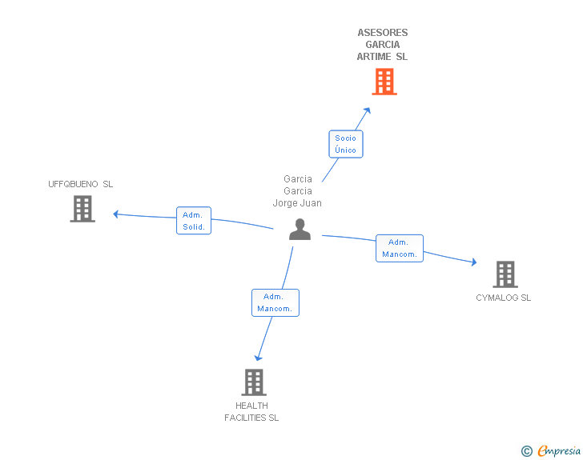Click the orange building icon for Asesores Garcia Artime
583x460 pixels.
coord(384,82)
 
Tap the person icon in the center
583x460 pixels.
coord(300,230)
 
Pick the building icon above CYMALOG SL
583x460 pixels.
coord(505,274)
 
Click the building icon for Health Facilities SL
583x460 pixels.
coord(254,382)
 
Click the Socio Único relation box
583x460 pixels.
coord(346,144)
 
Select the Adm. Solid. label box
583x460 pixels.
coord(193,221)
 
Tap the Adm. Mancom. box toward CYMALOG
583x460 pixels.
coord(399,248)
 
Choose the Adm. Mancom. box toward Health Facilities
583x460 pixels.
coord(275,302)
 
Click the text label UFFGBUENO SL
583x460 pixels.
coord(81,184)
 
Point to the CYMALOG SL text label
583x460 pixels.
coord(504,298)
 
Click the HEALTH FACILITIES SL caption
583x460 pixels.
coord(251,412)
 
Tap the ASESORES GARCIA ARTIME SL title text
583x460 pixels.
coord(383,45)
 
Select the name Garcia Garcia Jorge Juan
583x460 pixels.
coord(298,191)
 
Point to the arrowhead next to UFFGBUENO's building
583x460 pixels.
coord(116,214)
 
